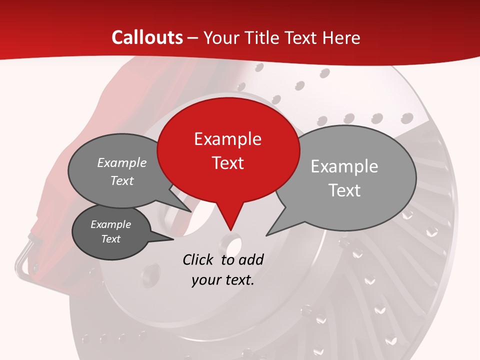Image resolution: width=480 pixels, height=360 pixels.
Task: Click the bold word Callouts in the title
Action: point(147,37)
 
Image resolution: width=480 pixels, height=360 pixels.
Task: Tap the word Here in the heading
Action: point(340,37)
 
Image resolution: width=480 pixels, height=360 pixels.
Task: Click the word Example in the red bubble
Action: point(227,139)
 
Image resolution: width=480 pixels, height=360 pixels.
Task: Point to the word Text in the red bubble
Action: point(227,163)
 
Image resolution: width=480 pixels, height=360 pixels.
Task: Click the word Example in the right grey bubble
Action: point(344,166)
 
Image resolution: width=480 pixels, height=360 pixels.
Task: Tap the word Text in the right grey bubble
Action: point(344,190)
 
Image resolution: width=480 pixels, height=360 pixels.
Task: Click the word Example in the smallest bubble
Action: point(110,225)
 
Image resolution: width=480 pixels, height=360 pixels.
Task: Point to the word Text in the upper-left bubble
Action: point(121,181)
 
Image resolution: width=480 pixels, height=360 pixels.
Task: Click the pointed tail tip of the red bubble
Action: point(230,230)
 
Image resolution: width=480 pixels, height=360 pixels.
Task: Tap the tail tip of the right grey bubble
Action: point(267,235)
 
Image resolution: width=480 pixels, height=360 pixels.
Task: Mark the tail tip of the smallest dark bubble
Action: point(173,239)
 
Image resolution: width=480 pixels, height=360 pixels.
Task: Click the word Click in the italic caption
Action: point(198,259)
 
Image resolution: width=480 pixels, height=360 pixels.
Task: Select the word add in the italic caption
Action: point(250,259)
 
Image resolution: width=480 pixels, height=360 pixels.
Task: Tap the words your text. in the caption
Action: point(222,280)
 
